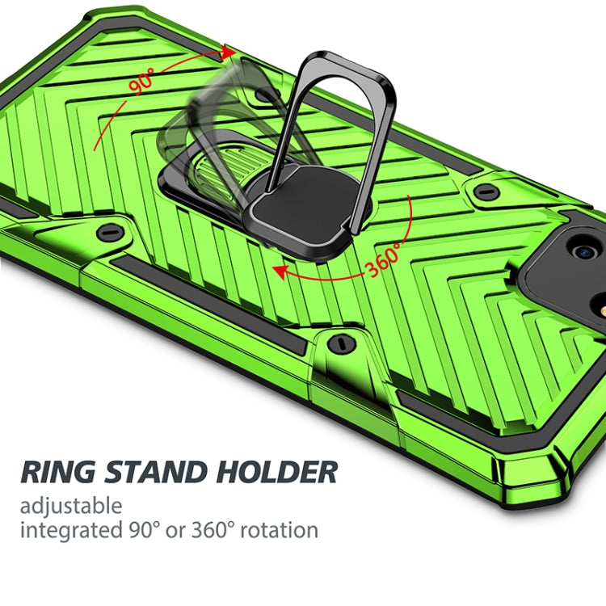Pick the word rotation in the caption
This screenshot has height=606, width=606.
(x=276, y=531)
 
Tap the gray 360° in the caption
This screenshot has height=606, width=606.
(x=213, y=531)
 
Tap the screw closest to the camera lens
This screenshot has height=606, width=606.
(x=486, y=192)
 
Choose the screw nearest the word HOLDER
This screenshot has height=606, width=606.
(x=340, y=343)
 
